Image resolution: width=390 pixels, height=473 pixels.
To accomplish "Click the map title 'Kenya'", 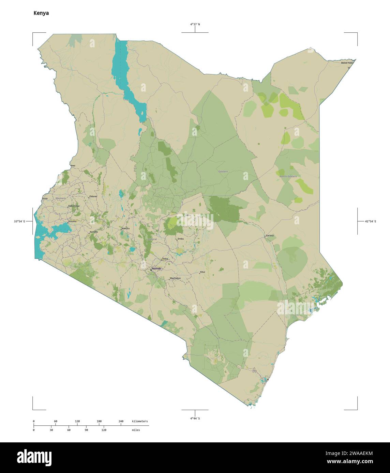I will (41, 13).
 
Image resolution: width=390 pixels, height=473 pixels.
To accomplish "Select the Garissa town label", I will (270, 235).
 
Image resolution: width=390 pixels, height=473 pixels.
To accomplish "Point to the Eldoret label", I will (93, 196).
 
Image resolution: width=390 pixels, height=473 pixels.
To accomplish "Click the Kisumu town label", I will (72, 222).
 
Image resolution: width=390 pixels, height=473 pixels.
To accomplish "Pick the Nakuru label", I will (125, 228).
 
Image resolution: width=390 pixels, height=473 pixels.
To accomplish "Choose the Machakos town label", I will (175, 278).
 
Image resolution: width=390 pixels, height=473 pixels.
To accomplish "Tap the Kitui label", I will (203, 272).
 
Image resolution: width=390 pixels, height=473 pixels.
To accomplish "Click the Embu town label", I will (181, 239).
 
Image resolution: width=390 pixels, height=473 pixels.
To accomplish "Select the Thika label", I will (165, 259).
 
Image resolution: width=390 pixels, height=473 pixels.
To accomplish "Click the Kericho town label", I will (94, 232).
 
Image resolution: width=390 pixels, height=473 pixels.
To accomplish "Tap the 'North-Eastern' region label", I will (288, 176).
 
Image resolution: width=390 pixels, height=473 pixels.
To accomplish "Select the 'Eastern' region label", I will (223, 172).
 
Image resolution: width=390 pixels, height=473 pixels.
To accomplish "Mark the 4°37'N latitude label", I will (195, 24).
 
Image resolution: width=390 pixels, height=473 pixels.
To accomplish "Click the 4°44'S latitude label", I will (195, 418).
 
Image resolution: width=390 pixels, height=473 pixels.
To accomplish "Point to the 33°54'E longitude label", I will (19, 222).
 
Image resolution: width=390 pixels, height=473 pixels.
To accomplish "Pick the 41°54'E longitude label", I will (371, 222).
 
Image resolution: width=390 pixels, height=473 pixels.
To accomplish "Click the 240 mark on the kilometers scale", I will (121, 421).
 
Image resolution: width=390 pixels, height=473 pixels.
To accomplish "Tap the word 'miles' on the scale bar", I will (136, 430).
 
